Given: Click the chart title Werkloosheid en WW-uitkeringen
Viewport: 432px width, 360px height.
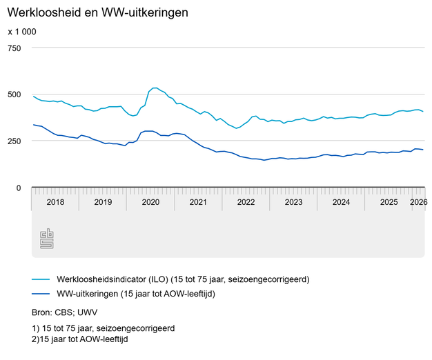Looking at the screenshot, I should pyautogui.click(x=97, y=12).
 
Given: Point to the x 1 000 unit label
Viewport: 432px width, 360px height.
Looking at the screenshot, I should pyautogui.click(x=22, y=32).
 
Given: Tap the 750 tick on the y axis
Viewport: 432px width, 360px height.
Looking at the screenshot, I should pyautogui.click(x=15, y=48).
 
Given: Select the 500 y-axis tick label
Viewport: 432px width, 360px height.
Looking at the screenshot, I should pyautogui.click(x=15, y=94).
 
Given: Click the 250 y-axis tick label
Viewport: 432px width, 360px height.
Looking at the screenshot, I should pyautogui.click(x=15, y=141).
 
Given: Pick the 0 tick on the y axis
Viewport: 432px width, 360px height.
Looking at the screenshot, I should pyautogui.click(x=19, y=188).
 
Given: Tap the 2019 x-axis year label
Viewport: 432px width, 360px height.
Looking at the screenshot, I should pyautogui.click(x=103, y=202).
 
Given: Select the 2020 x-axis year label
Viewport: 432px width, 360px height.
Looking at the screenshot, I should pyautogui.click(x=150, y=202).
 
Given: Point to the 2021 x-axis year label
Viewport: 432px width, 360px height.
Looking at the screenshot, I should pyautogui.click(x=198, y=202).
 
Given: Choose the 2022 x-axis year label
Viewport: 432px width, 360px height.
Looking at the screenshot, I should pyautogui.click(x=246, y=202).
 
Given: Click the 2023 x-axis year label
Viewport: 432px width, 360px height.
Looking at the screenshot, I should pyautogui.click(x=293, y=202).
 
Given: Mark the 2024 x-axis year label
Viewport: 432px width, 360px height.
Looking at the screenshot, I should pyautogui.click(x=341, y=202).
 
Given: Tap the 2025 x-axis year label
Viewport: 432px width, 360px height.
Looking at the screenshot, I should pyautogui.click(x=389, y=202).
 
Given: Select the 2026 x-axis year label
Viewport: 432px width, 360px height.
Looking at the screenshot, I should pyautogui.click(x=418, y=202).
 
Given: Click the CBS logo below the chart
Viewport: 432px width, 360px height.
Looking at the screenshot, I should pyautogui.click(x=47, y=239).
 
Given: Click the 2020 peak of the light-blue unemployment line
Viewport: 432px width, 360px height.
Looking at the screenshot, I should pyautogui.click(x=155, y=88).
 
